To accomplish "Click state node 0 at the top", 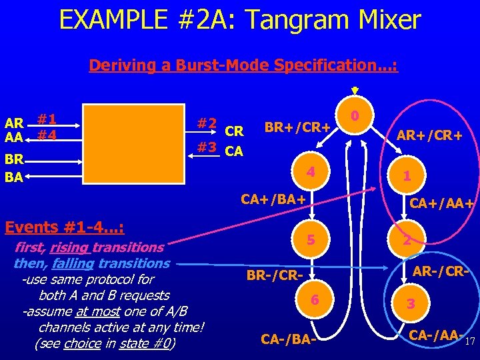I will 356,116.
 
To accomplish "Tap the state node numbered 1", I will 405,177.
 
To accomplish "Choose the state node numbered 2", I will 405,241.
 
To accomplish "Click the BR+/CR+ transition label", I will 298,127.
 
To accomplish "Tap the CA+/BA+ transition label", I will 273,199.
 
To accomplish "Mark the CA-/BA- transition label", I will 287,339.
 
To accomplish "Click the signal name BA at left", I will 13,177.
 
